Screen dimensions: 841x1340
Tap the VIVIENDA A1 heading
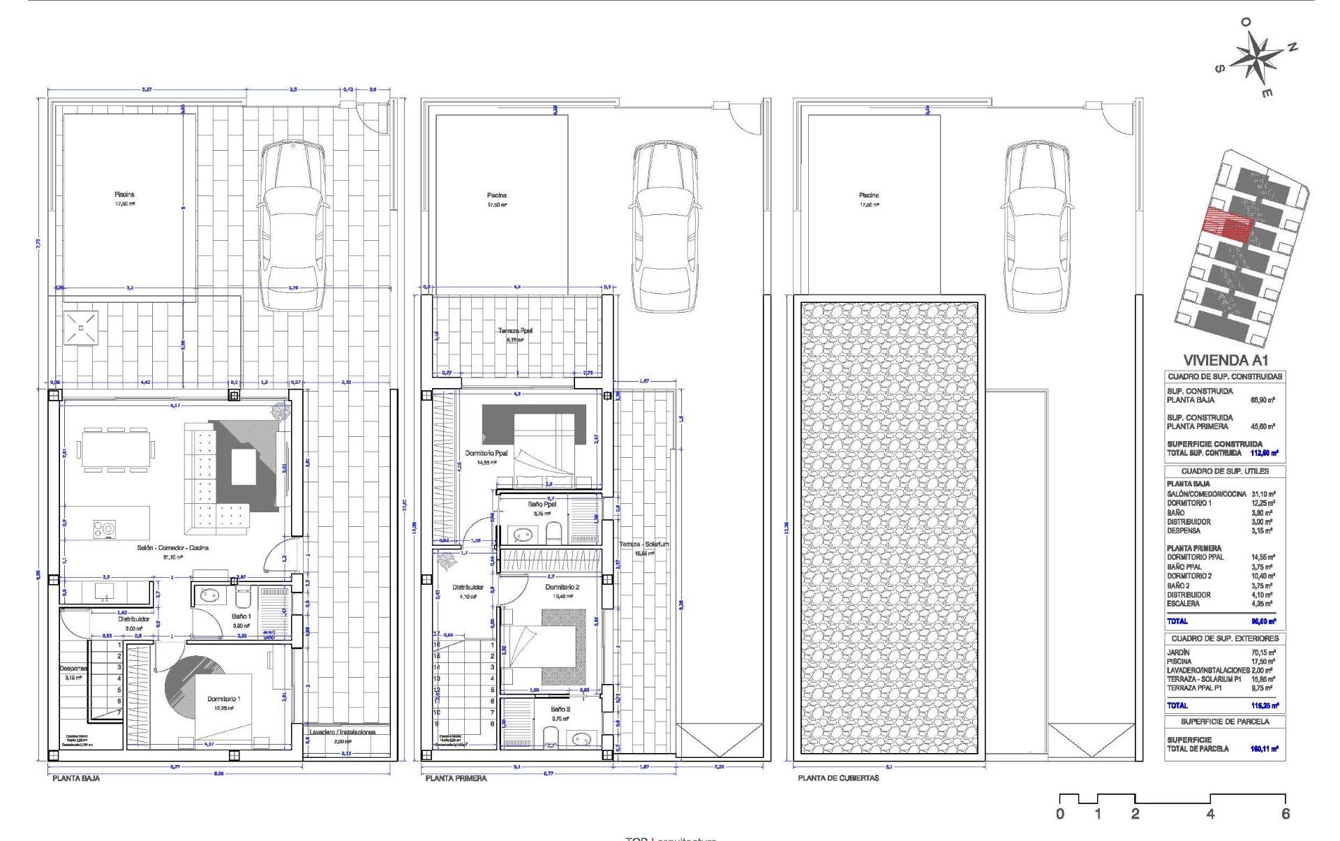click(1225, 360)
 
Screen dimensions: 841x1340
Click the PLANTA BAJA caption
click(75, 777)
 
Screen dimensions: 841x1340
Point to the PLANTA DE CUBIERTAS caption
click(838, 777)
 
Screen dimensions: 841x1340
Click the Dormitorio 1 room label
click(224, 699)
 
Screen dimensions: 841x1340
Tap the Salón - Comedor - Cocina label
click(172, 548)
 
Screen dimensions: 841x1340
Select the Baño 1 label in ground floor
click(241, 616)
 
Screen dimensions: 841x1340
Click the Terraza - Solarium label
click(643, 544)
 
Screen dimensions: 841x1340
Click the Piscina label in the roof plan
click(869, 195)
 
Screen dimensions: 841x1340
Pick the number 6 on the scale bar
click(1286, 814)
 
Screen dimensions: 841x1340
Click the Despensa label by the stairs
click(73, 668)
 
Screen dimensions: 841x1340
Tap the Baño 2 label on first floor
click(560, 709)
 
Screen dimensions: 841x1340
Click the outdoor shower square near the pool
click(82, 328)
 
